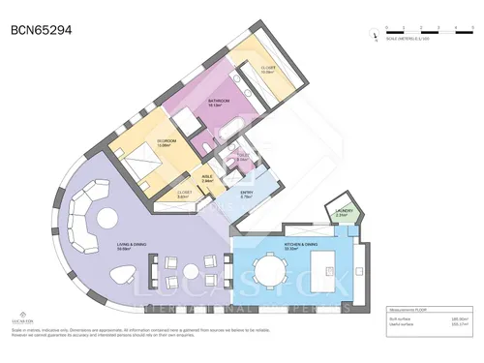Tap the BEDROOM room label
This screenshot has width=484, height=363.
click(166, 141)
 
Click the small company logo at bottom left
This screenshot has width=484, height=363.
click(21, 317)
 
